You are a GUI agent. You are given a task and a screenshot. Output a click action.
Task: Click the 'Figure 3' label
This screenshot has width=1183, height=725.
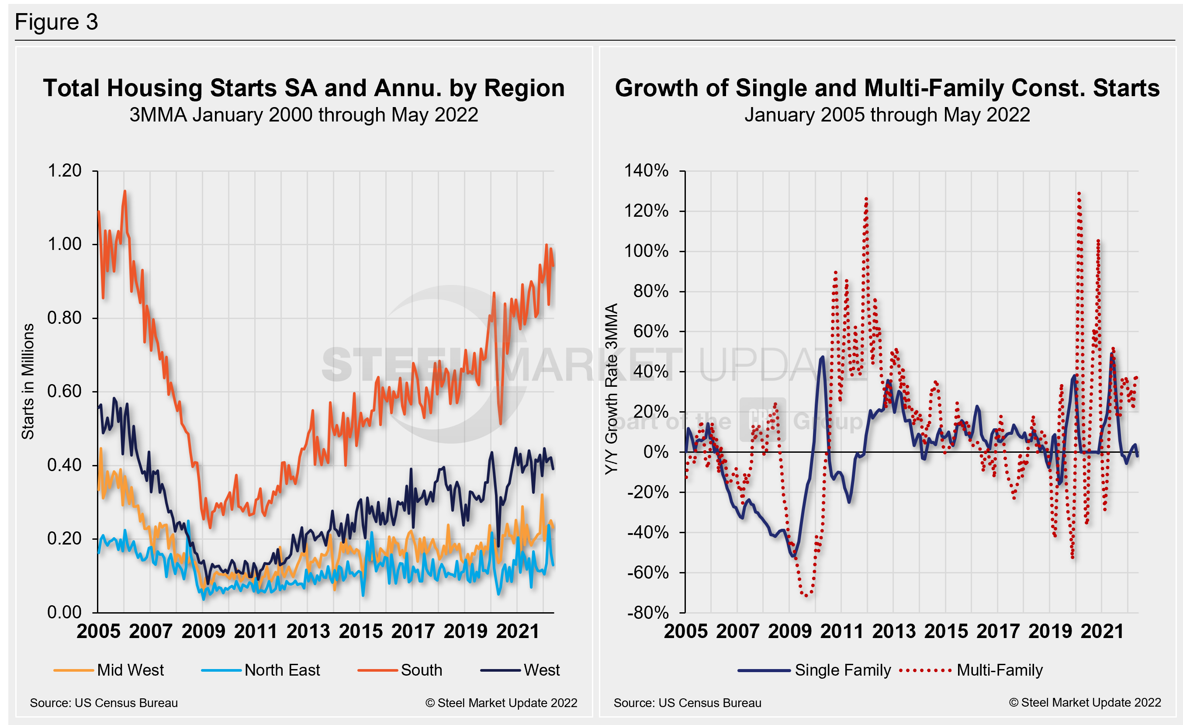(56, 22)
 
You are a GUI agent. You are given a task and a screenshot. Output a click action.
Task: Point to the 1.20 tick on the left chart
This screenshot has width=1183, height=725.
(64, 171)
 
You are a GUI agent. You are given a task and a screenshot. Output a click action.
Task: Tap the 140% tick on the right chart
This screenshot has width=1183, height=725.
(646, 171)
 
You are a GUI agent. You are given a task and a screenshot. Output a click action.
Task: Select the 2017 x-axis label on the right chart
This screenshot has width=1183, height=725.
(998, 631)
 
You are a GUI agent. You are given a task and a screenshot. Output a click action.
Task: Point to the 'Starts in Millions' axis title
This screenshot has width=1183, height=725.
(28, 381)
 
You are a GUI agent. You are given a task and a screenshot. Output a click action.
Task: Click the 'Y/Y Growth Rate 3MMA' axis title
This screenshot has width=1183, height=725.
(611, 389)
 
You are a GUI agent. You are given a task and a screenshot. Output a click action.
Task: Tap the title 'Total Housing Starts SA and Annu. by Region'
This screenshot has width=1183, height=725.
(304, 88)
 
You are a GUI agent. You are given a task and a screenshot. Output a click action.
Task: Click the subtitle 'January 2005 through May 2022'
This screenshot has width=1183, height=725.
(887, 115)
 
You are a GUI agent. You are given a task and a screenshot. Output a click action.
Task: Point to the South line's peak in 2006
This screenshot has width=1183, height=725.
(125, 191)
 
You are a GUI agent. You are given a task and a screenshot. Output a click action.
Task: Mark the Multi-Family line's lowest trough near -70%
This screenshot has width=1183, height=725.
(806, 596)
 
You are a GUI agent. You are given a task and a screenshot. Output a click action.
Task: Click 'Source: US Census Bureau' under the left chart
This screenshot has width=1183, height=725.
(104, 703)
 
